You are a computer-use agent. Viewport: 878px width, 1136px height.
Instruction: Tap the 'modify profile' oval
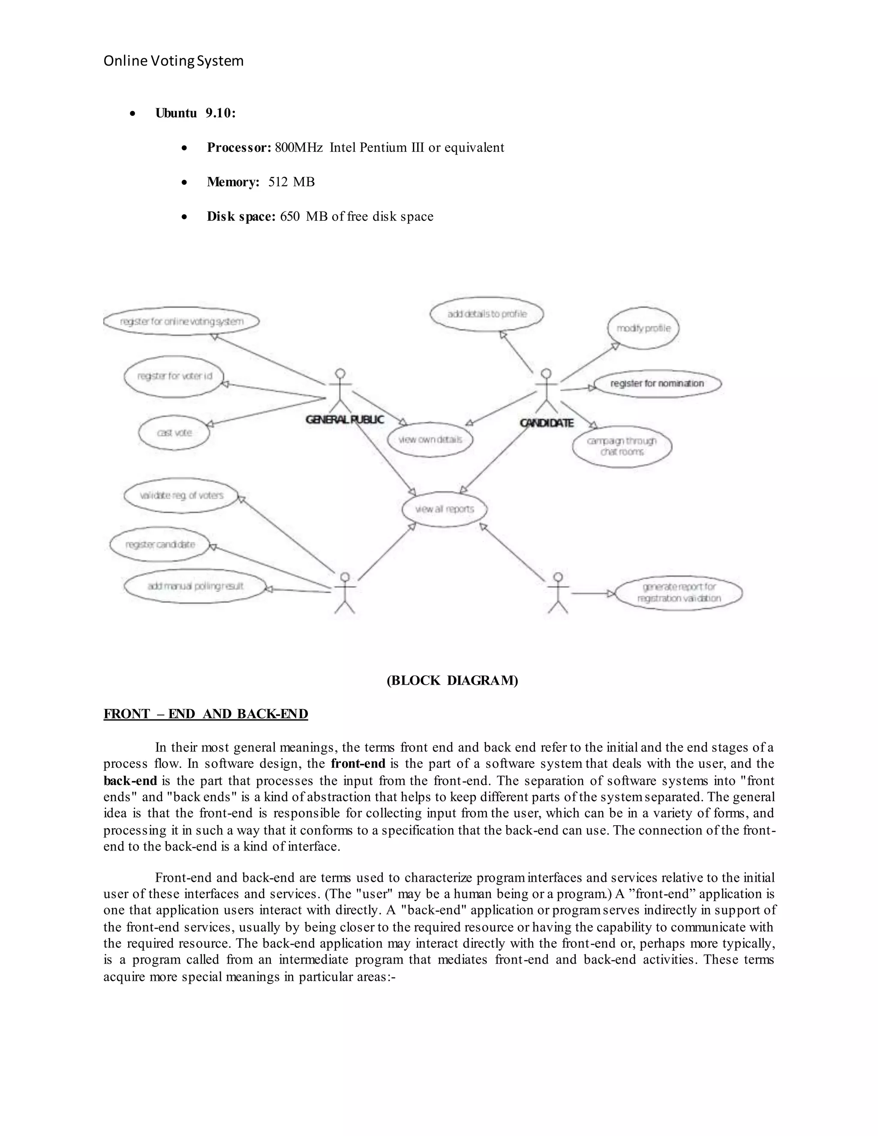643,328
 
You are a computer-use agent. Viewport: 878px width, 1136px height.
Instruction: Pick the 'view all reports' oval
445,509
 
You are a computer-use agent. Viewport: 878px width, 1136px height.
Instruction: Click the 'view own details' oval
430,439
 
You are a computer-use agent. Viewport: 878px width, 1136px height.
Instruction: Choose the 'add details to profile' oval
487,314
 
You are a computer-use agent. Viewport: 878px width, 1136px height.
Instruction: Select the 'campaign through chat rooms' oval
622,446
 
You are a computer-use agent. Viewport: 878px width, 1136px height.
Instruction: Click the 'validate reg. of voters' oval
181,496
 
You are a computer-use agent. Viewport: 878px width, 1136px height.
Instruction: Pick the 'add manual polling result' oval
195,586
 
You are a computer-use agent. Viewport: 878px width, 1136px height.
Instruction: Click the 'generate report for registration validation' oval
679,593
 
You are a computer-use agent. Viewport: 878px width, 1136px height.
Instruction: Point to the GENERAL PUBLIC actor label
345,420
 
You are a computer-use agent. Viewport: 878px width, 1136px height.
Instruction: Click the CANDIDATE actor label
547,423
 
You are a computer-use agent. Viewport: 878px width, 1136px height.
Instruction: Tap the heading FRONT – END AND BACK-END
205,714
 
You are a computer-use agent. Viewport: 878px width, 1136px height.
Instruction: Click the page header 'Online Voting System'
173,61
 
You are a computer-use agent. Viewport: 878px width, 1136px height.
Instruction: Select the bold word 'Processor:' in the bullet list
239,148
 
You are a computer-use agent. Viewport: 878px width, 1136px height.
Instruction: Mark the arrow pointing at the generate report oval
593,593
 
